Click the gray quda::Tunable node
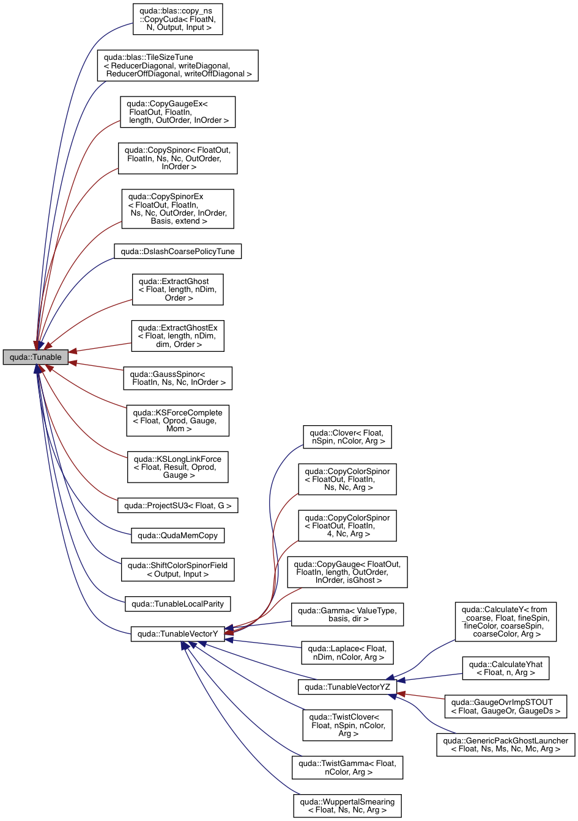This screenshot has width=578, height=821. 35,357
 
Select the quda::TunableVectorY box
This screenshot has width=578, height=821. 177,634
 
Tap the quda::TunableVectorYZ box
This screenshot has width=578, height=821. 347,687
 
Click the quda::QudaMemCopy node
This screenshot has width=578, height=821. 177,536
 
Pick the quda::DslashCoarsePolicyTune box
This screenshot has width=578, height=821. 177,252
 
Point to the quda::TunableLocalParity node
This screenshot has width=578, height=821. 177,604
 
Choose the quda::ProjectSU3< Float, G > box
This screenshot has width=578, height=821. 177,506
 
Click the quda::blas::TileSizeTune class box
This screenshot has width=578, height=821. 177,65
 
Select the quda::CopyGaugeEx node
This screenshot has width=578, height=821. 177,112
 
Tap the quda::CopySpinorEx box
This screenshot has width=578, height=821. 177,209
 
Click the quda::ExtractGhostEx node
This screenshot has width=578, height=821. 177,336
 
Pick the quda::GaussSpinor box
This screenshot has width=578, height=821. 177,378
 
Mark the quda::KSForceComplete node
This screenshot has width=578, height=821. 177,420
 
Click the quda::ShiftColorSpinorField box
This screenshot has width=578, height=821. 177,570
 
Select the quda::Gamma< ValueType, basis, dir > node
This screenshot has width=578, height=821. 347,615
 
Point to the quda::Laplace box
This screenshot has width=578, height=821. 347,653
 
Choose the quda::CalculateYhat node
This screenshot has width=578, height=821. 505,668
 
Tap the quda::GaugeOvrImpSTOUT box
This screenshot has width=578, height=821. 505,707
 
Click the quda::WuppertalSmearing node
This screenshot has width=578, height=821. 347,806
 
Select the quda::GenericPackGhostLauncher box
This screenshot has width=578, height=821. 505,745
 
